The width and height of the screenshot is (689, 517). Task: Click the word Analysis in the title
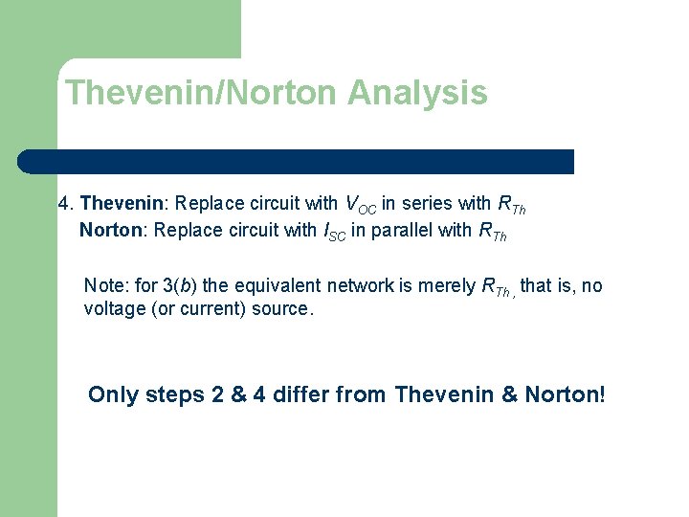click(x=417, y=94)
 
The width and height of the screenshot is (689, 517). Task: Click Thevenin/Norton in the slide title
click(x=202, y=94)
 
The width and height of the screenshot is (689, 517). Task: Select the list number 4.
click(x=64, y=203)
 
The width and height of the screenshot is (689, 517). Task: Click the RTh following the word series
click(x=512, y=204)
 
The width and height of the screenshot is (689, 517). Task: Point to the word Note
click(x=103, y=285)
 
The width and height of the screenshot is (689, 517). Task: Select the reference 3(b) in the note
click(x=182, y=285)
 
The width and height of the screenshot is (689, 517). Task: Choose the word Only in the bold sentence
click(x=113, y=394)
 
